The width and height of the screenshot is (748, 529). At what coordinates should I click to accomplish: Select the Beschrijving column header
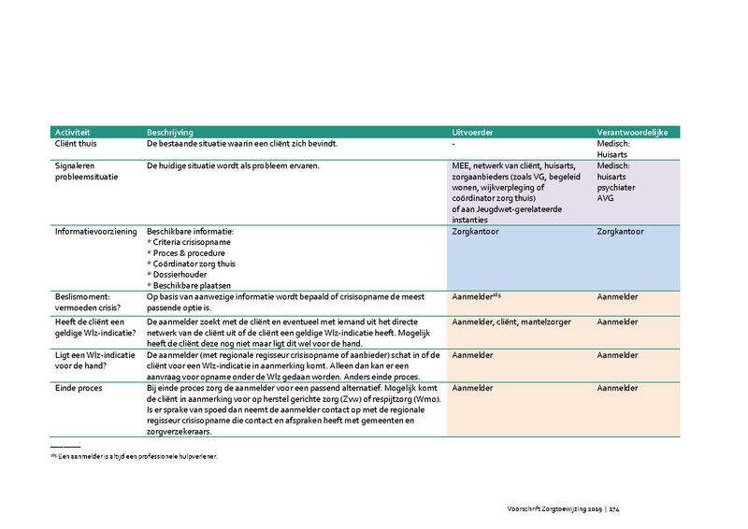pyautogui.click(x=171, y=132)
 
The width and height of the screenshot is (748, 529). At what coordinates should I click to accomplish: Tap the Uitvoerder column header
pyautogui.click(x=473, y=132)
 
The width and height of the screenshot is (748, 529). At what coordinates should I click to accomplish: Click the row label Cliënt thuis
pyautogui.click(x=79, y=144)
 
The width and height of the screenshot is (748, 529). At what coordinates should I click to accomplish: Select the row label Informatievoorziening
pyautogui.click(x=95, y=231)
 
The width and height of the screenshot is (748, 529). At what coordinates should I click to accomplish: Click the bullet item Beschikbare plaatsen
pyautogui.click(x=190, y=285)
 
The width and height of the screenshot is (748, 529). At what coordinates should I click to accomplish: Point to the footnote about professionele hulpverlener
pyautogui.click(x=144, y=456)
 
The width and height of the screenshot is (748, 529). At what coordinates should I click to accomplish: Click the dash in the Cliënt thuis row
pyautogui.click(x=453, y=144)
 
